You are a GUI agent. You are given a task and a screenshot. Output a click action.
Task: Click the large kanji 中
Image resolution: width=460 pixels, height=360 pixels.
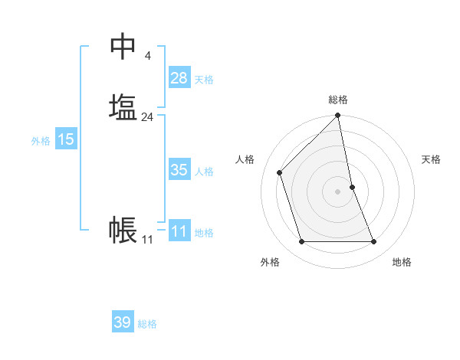[123, 47]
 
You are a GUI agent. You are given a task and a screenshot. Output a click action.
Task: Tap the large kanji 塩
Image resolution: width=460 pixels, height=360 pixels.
[123, 106]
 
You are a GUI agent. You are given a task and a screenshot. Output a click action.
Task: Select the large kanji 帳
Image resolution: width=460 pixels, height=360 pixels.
[123, 229]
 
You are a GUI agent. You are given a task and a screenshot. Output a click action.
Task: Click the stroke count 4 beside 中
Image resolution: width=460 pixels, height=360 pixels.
[147, 56]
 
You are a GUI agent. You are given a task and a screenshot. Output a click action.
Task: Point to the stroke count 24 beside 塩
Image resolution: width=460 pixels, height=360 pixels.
[147, 117]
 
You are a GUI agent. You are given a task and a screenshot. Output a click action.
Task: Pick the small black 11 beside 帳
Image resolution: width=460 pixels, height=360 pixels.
[147, 240]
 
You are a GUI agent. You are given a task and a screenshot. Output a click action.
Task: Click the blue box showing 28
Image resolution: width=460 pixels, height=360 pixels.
[179, 78]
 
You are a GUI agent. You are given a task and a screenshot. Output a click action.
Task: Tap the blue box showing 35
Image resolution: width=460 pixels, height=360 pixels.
[179, 170]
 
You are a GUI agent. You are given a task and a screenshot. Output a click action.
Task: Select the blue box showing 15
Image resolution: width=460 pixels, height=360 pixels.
[66, 139]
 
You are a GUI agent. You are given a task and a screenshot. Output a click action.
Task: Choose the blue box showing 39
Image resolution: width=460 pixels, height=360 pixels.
[123, 322]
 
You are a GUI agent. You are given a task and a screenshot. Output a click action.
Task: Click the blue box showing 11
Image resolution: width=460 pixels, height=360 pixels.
[179, 231]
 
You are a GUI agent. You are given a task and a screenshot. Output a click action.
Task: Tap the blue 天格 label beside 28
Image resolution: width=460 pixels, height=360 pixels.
[204, 80]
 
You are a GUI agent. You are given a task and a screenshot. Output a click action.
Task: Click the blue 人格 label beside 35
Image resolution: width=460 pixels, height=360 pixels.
[204, 172]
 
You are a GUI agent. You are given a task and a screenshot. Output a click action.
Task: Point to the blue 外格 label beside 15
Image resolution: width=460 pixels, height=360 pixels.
[41, 141]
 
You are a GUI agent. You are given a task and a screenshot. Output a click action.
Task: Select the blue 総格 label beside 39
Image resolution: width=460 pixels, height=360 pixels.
[147, 324]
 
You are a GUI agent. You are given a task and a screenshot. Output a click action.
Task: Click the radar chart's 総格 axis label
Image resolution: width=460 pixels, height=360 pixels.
[338, 100]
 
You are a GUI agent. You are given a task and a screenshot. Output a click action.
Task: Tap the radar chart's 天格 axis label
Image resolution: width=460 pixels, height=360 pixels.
[431, 159]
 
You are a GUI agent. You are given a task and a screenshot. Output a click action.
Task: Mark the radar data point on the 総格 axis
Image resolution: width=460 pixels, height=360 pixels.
[338, 116]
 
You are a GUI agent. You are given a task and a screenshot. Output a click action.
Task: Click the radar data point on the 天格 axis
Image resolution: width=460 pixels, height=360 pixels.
[352, 187]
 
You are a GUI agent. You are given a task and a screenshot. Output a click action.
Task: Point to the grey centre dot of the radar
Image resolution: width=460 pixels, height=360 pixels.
[338, 191]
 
